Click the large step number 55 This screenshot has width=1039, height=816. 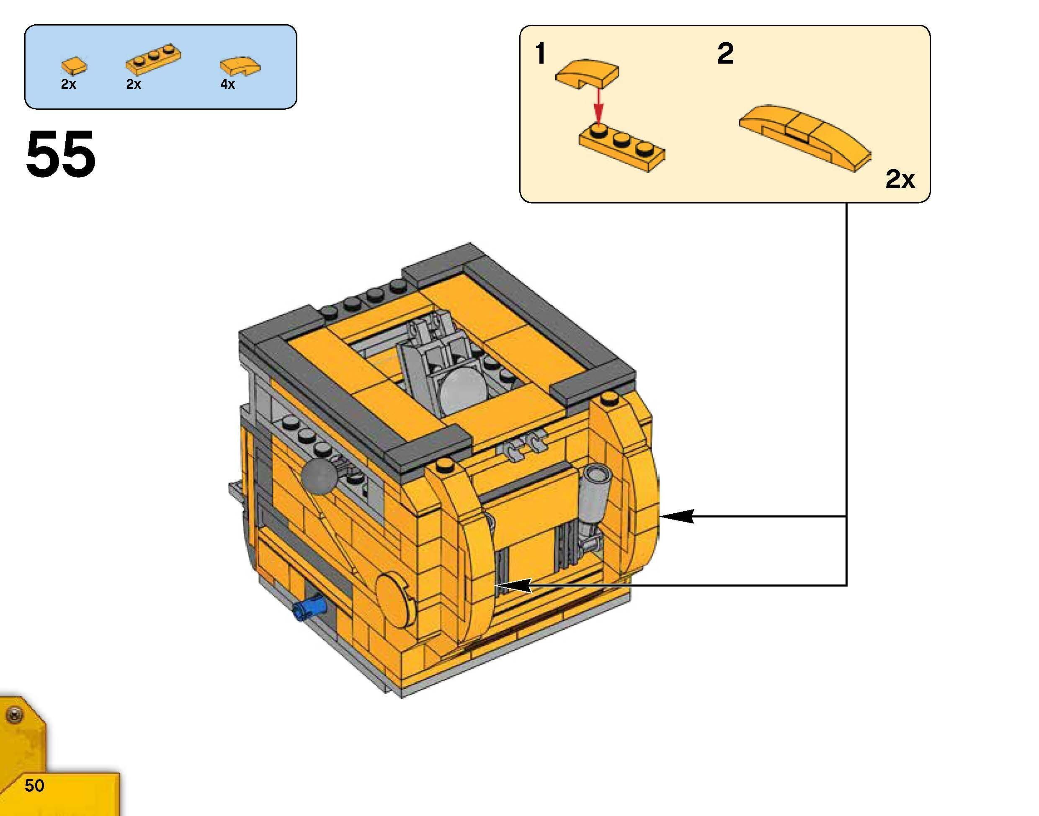tap(61, 154)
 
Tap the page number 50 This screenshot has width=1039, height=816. tap(34, 785)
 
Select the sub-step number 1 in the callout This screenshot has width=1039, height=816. tap(541, 54)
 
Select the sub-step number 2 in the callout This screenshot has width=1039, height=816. tap(725, 54)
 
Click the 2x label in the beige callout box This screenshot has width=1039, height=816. tap(900, 180)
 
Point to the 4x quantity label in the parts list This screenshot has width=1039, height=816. tap(227, 85)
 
